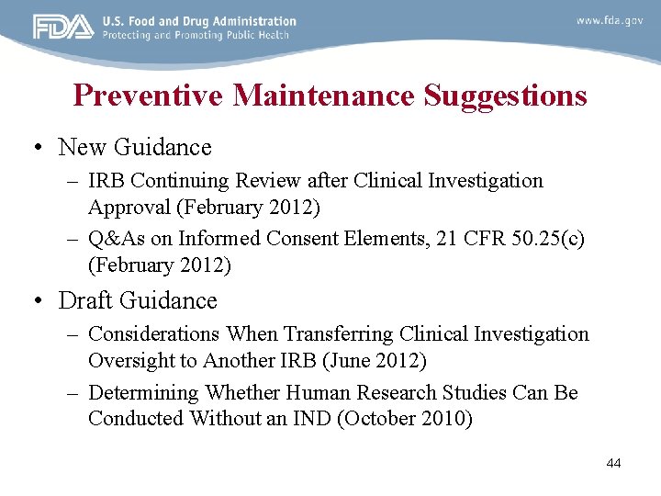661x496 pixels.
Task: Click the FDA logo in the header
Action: point(63,28)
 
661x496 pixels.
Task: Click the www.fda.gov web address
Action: point(609,20)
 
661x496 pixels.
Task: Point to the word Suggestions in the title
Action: point(505,96)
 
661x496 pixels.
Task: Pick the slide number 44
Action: point(613,463)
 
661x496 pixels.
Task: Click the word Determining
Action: point(143,392)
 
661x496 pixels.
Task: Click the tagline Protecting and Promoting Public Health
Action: point(196,36)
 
